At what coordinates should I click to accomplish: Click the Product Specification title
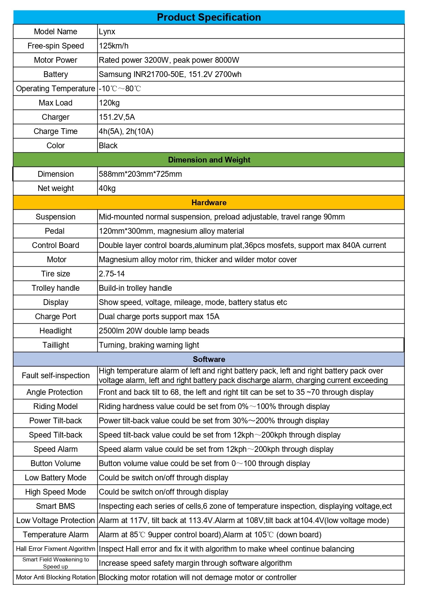209,17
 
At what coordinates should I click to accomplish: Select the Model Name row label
55,32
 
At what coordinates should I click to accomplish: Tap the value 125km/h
114,46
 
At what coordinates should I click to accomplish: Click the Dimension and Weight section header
209,160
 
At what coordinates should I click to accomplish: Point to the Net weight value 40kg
107,188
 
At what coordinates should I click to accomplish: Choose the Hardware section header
209,203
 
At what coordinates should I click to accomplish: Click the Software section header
209,359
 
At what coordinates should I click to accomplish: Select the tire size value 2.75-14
112,274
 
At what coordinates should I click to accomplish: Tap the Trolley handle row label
55,288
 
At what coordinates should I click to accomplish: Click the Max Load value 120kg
109,103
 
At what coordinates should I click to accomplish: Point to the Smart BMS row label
55,506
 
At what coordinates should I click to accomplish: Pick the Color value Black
108,146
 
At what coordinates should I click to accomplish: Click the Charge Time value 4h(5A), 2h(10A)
126,131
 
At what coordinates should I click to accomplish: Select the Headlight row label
55,331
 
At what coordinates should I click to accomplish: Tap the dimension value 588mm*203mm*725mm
140,174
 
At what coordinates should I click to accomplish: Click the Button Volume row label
55,463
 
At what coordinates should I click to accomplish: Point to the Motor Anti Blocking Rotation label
55,577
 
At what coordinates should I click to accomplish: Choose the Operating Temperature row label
55,89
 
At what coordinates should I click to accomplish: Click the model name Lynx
107,32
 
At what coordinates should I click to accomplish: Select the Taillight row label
55,345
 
